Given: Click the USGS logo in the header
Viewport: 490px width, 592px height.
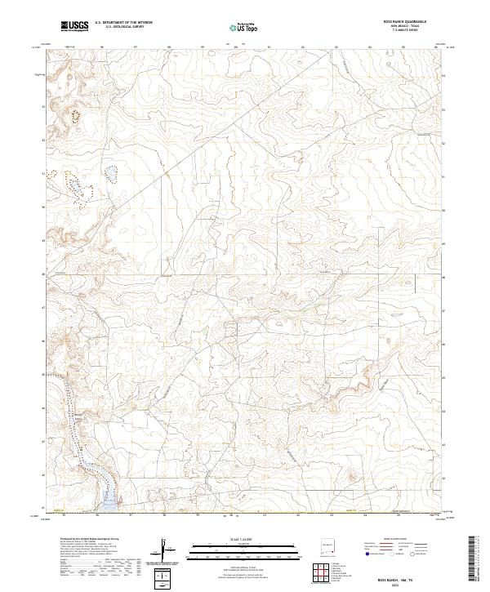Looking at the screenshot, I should pos(75,26).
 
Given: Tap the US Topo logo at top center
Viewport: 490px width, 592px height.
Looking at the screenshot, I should pos(236,28).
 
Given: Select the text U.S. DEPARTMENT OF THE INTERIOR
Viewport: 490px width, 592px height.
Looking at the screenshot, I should pos(123,23).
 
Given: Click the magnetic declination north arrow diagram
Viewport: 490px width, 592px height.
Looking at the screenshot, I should pos(167,553).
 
